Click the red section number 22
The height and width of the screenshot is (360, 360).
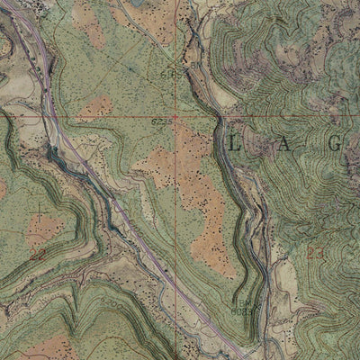click(x=38, y=256)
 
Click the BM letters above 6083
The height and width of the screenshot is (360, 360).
click(x=241, y=303)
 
